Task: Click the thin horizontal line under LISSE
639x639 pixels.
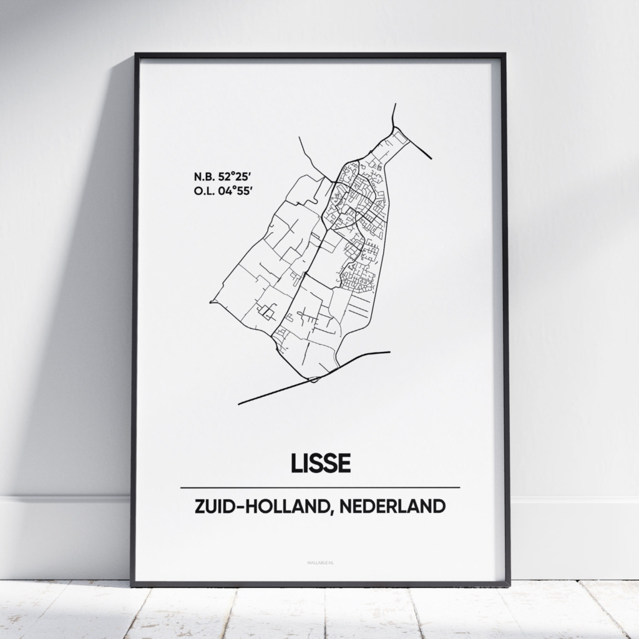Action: pos(319,487)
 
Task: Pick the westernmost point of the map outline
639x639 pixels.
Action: pos(211,302)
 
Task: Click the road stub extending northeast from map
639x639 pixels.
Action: pos(421,149)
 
